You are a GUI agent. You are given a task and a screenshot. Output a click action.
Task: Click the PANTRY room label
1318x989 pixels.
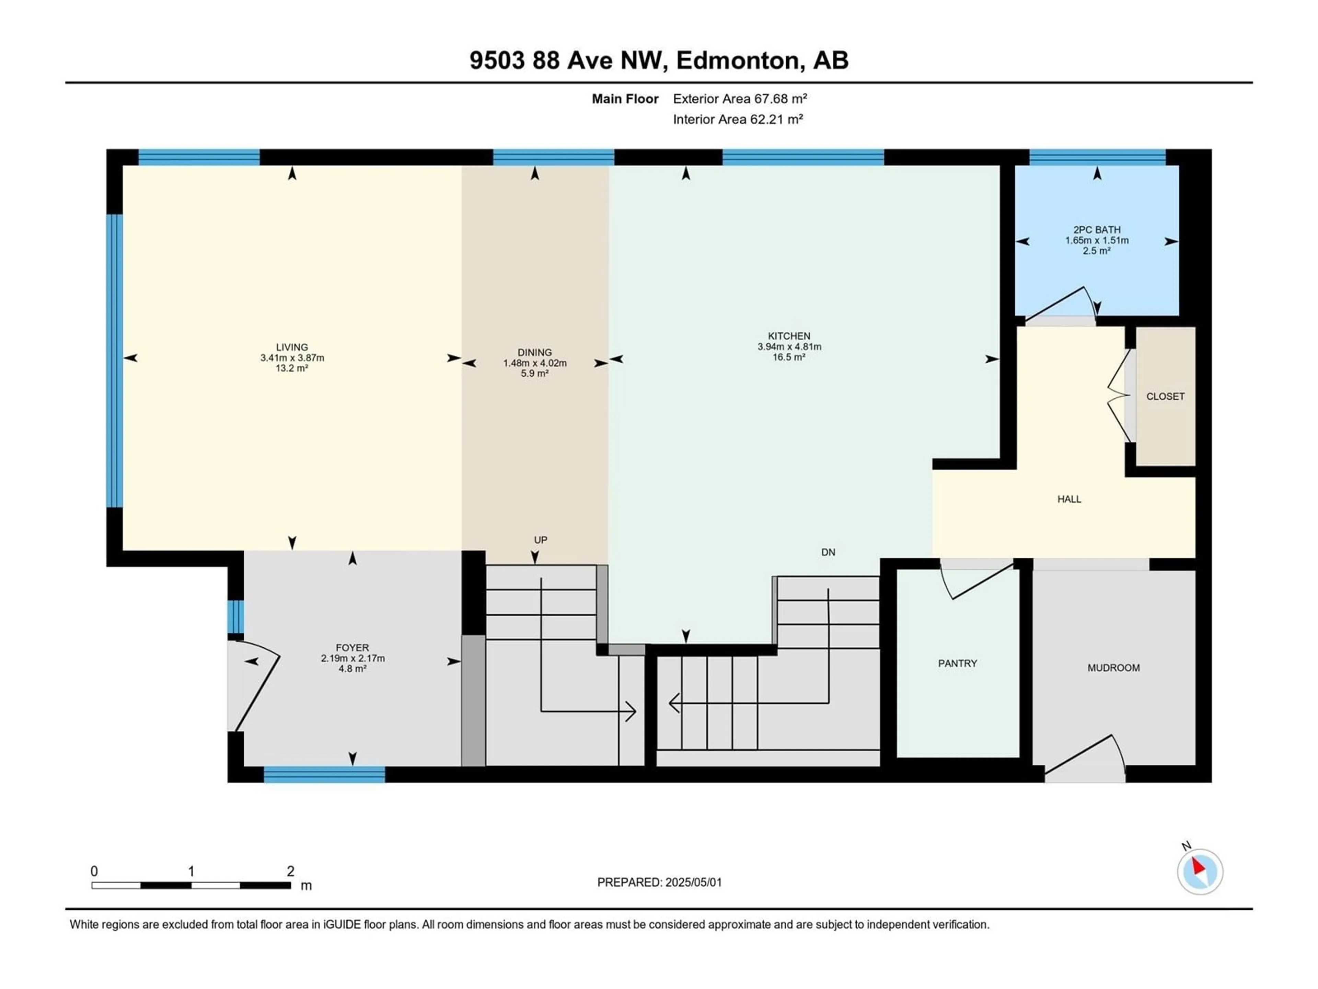(x=958, y=663)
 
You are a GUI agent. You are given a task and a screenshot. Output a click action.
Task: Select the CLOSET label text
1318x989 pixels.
(x=1166, y=396)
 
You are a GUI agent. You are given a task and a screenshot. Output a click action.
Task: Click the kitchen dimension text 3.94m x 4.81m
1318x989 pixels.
(x=789, y=347)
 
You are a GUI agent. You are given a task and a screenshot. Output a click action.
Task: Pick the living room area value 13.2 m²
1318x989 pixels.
(x=292, y=368)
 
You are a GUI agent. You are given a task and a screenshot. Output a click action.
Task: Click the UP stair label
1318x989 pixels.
(x=541, y=540)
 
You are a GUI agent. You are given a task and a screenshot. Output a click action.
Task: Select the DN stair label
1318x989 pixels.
(x=828, y=553)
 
